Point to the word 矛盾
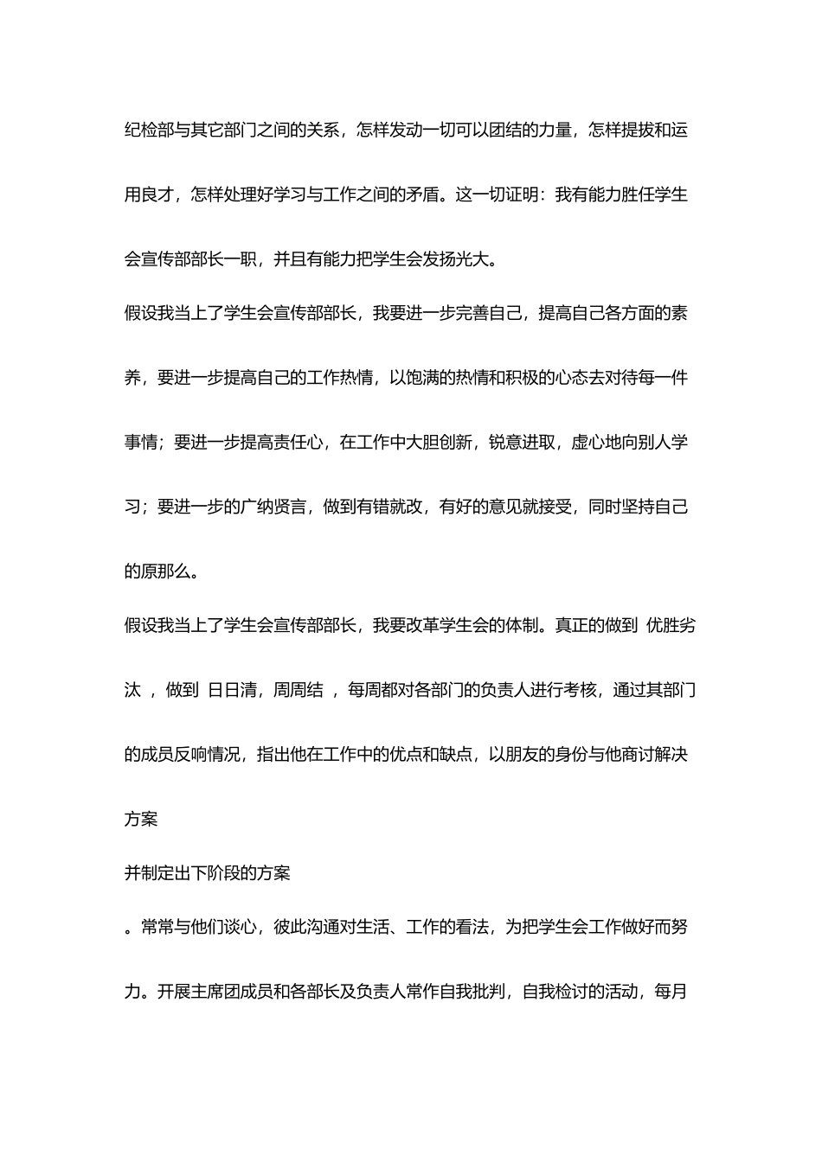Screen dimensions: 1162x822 coord(423,195)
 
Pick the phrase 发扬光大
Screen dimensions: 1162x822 coord(456,259)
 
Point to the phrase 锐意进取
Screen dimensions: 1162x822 coord(522,442)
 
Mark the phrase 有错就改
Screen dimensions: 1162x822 coord(389,507)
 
